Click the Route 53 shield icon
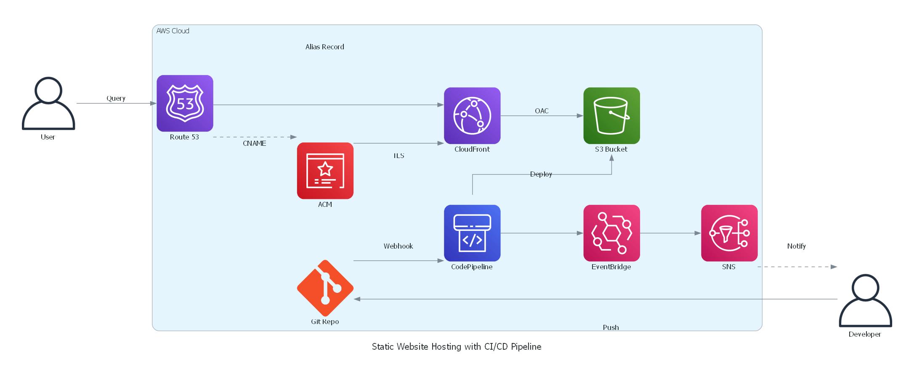coord(185,103)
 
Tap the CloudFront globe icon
coord(472,115)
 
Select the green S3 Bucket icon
coord(611,115)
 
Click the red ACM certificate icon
coord(325,170)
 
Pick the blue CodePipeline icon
coord(472,233)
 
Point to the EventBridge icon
coord(611,233)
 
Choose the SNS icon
coord(729,233)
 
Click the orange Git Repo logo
coord(325,288)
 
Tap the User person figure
coord(48,103)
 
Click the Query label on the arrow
coord(116,98)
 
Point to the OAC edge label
coord(542,111)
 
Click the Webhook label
coord(398,246)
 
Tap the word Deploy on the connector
coord(541,174)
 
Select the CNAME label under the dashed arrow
coord(254,143)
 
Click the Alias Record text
coord(324,47)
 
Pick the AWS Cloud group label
coord(173,31)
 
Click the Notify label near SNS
coord(796,246)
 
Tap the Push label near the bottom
coord(611,327)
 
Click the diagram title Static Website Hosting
coord(456,347)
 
